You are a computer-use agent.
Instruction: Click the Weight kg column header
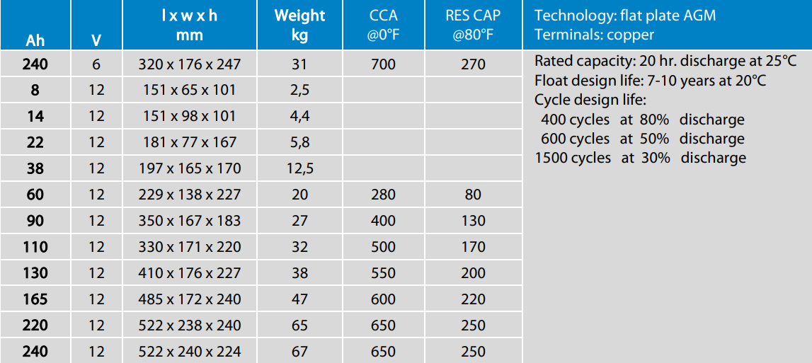pyautogui.click(x=299, y=25)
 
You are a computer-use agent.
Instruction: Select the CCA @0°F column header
pyautogui.click(x=383, y=25)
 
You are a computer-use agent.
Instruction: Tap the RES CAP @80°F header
pyautogui.click(x=473, y=25)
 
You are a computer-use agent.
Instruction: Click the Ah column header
pyautogui.click(x=35, y=41)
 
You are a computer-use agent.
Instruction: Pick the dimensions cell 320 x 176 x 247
pyautogui.click(x=190, y=64)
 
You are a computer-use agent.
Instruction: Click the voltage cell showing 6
pyautogui.click(x=96, y=64)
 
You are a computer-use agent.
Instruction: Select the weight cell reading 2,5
pyautogui.click(x=299, y=91)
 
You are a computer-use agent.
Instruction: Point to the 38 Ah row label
pyautogui.click(x=35, y=168)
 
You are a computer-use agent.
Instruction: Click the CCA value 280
pyautogui.click(x=383, y=195)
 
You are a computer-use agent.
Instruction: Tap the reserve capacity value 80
pyautogui.click(x=473, y=195)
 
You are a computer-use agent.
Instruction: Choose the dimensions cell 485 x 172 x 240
pyautogui.click(x=190, y=299)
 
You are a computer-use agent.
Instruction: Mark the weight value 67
pyautogui.click(x=299, y=352)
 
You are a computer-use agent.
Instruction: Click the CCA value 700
pyautogui.click(x=383, y=64)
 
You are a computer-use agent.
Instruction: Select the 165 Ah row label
pyautogui.click(x=35, y=299)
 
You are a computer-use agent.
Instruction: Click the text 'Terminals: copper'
pyautogui.click(x=594, y=35)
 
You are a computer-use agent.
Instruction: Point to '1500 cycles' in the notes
pyautogui.click(x=573, y=158)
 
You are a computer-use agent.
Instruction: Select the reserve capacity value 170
pyautogui.click(x=473, y=247)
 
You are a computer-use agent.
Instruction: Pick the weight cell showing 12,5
pyautogui.click(x=299, y=168)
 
